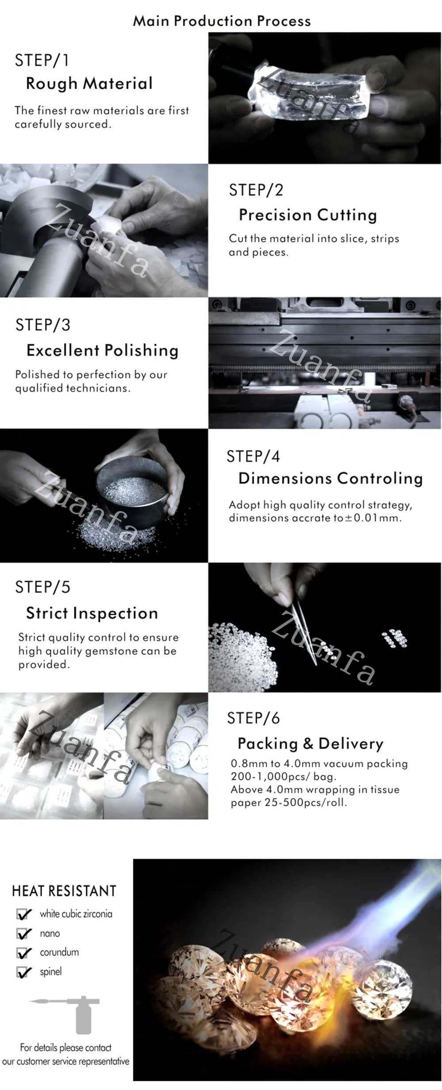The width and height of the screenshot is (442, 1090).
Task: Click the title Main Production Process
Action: point(222,21)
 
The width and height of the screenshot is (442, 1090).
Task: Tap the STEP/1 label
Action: point(42,61)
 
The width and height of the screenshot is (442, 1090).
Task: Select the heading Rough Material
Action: point(89,84)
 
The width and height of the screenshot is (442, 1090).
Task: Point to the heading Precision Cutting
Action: point(308,215)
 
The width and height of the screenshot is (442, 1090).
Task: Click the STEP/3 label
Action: point(43,325)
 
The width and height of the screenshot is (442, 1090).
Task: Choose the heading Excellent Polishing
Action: point(103,351)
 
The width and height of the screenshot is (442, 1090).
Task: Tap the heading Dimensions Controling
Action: point(331,478)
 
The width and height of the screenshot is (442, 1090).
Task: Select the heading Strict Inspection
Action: point(92,613)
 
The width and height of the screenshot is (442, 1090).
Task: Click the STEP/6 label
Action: point(253,718)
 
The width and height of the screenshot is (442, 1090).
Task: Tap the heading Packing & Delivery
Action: point(310,743)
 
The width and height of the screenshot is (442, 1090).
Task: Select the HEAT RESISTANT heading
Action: point(64,891)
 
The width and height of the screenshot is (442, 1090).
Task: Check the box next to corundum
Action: point(24,953)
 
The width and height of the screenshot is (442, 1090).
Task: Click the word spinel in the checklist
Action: point(51,972)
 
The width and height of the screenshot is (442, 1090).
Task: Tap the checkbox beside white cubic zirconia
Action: point(24,914)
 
